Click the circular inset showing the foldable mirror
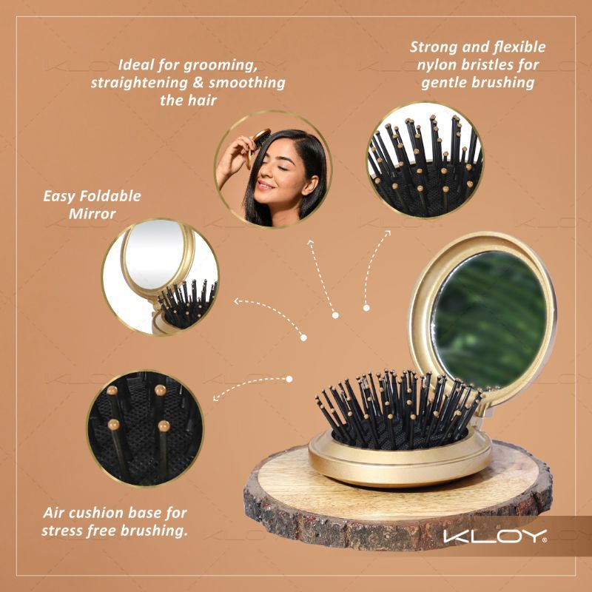pos(160,277)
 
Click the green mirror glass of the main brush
pos(488,310)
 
